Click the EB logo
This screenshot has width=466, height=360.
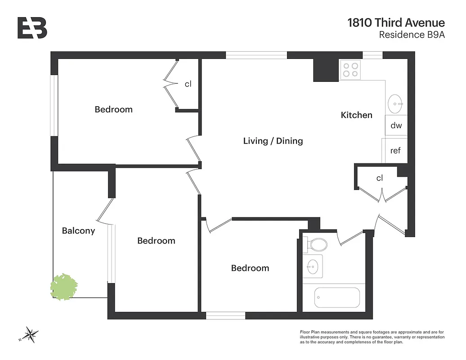pyautogui.click(x=32, y=28)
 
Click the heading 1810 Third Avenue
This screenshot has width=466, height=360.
pyautogui.click(x=396, y=23)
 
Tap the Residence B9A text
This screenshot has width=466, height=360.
pyautogui.click(x=412, y=35)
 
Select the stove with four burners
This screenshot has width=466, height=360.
pyautogui.click(x=350, y=70)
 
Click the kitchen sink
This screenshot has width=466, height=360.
pyautogui.click(x=395, y=103)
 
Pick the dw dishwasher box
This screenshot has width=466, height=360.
pyautogui.click(x=396, y=126)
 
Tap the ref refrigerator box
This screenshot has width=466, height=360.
pyautogui.click(x=395, y=151)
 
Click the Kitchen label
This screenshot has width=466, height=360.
pyautogui.click(x=356, y=115)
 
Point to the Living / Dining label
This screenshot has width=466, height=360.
pyautogui.click(x=273, y=141)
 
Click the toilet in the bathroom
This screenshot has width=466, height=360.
pyautogui.click(x=318, y=245)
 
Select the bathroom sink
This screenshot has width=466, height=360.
pyautogui.click(x=312, y=266)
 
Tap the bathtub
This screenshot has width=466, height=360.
pyautogui.click(x=337, y=297)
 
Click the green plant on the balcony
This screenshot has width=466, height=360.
pyautogui.click(x=64, y=286)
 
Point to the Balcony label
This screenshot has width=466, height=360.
pyautogui.click(x=78, y=231)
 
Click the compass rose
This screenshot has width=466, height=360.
pyautogui.click(x=31, y=334)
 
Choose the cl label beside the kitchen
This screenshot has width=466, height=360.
pyautogui.click(x=380, y=178)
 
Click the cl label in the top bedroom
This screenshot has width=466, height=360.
pyautogui.click(x=188, y=84)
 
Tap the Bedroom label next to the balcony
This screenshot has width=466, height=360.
pyautogui.click(x=156, y=241)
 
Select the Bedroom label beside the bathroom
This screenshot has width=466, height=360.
pyautogui.click(x=250, y=268)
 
